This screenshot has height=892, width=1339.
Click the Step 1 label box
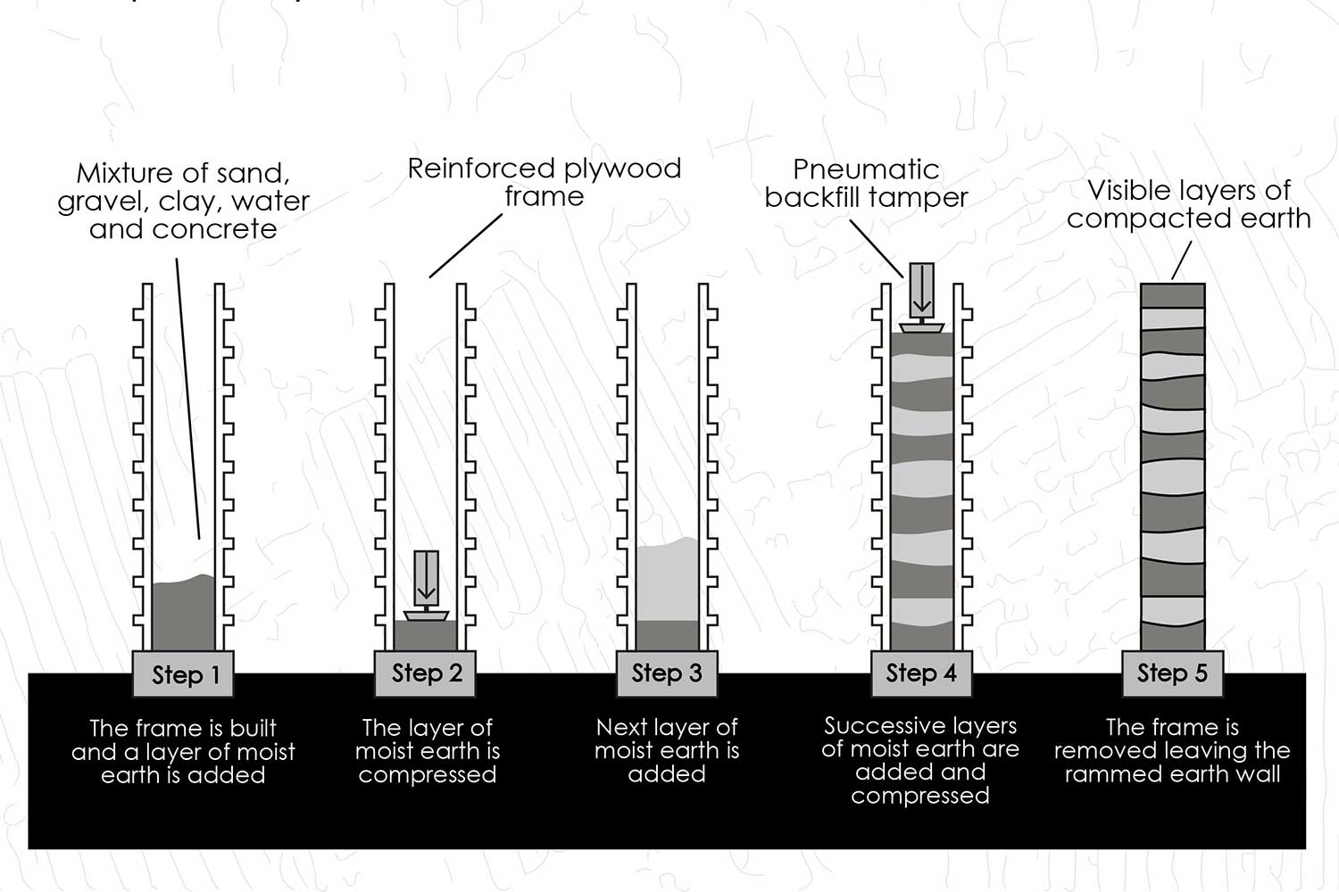[x=184, y=674]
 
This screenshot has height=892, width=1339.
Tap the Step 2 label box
[x=426, y=673]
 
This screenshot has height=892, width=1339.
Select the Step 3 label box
[x=667, y=673]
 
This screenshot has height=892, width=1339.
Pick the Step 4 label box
[x=921, y=673]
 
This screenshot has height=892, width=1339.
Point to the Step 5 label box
[x=1172, y=673]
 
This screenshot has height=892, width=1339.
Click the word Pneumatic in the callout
[x=866, y=169]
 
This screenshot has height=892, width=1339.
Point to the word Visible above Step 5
[x=1128, y=190]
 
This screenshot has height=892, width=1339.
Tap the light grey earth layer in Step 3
[x=667, y=580]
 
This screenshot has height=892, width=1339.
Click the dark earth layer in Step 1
[x=184, y=615]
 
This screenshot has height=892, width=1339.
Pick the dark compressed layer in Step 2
[x=426, y=635]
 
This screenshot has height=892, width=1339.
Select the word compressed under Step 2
[x=427, y=774]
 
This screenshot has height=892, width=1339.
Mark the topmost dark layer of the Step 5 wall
[x=1173, y=295]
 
